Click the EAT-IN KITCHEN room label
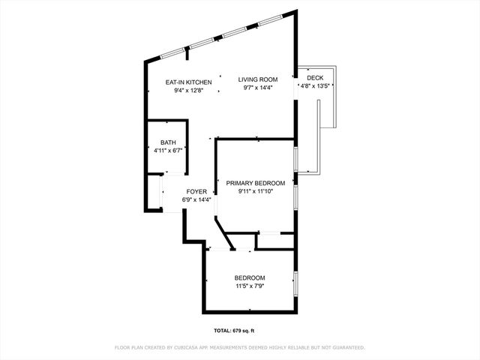[x=189, y=82]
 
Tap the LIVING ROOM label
[x=258, y=79]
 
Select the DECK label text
[x=315, y=77]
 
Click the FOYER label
[x=196, y=191]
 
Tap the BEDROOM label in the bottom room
[x=250, y=278]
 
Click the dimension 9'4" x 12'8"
[x=189, y=90]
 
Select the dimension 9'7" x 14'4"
[x=258, y=88]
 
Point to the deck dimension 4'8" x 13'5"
[x=315, y=85]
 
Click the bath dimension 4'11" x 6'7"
[x=168, y=150]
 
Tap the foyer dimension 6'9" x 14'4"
[x=196, y=199]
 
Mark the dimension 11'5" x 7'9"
[x=250, y=286]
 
